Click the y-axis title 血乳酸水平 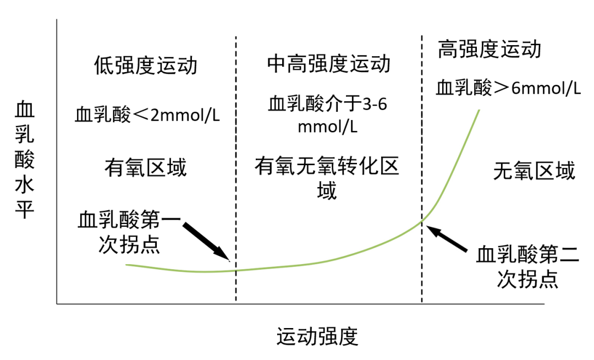(25, 160)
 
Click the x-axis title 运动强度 (317, 336)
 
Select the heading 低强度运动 (146, 65)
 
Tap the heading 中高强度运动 (328, 63)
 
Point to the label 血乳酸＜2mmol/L (147, 115)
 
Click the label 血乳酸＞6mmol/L (508, 88)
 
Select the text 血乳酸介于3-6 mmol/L (328, 115)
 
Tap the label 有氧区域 (146, 168)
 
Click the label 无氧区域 (534, 171)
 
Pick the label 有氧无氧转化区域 (327, 178)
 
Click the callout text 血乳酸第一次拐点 (129, 232)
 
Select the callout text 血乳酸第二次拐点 (527, 267)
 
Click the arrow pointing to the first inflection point (206, 242)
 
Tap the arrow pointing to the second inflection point (447, 238)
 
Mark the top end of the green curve (479, 110)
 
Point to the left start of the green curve (127, 265)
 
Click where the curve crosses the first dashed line (236, 270)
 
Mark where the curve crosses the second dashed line (422, 221)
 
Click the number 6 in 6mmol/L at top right (515, 88)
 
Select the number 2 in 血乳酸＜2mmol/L (155, 115)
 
